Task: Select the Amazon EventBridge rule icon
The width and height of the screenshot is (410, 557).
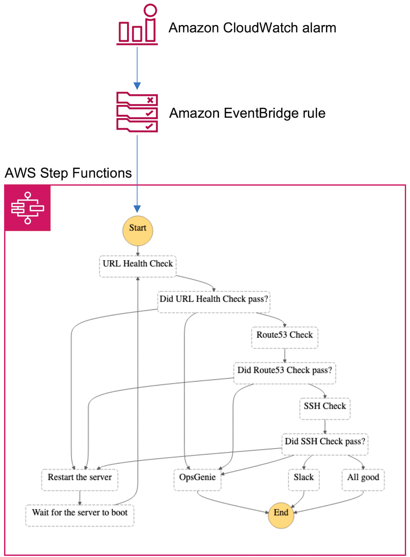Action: (137, 112)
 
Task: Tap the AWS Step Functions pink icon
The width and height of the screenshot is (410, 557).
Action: (27, 208)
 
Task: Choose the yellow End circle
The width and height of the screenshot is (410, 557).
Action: (281, 514)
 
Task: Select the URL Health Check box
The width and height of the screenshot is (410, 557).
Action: (138, 266)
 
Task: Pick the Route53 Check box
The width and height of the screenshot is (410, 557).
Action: (285, 338)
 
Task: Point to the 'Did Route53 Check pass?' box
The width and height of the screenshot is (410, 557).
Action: (285, 373)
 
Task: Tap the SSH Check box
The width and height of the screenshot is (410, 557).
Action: (325, 409)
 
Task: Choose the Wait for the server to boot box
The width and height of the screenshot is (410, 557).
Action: (80, 515)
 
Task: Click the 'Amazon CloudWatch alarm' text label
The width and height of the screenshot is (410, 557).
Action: (253, 28)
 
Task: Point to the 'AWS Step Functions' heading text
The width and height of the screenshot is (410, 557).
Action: (68, 173)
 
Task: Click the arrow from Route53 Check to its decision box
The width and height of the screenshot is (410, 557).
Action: (285, 355)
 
